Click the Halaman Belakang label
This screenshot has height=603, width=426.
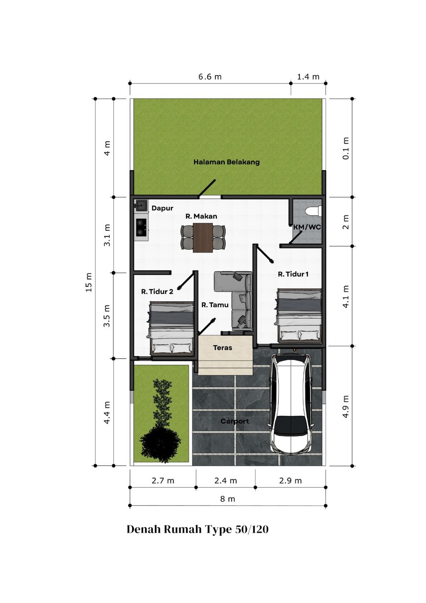[226, 162]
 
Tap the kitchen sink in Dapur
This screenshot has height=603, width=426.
[141, 206]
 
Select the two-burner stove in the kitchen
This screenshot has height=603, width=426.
[141, 227]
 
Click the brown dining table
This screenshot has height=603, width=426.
[203, 238]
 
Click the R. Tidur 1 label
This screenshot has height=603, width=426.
[293, 274]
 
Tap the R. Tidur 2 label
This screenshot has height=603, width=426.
[157, 292]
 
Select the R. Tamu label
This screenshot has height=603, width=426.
[215, 305]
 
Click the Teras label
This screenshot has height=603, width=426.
[223, 347]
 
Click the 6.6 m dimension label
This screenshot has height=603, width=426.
[210, 77]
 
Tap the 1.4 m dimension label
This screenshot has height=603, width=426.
[308, 77]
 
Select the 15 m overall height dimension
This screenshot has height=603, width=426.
[89, 282]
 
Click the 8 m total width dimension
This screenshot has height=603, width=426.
[228, 499]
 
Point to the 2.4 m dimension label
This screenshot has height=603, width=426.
[225, 481]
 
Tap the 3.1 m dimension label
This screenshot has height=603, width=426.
[107, 235]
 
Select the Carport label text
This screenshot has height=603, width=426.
[235, 421]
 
